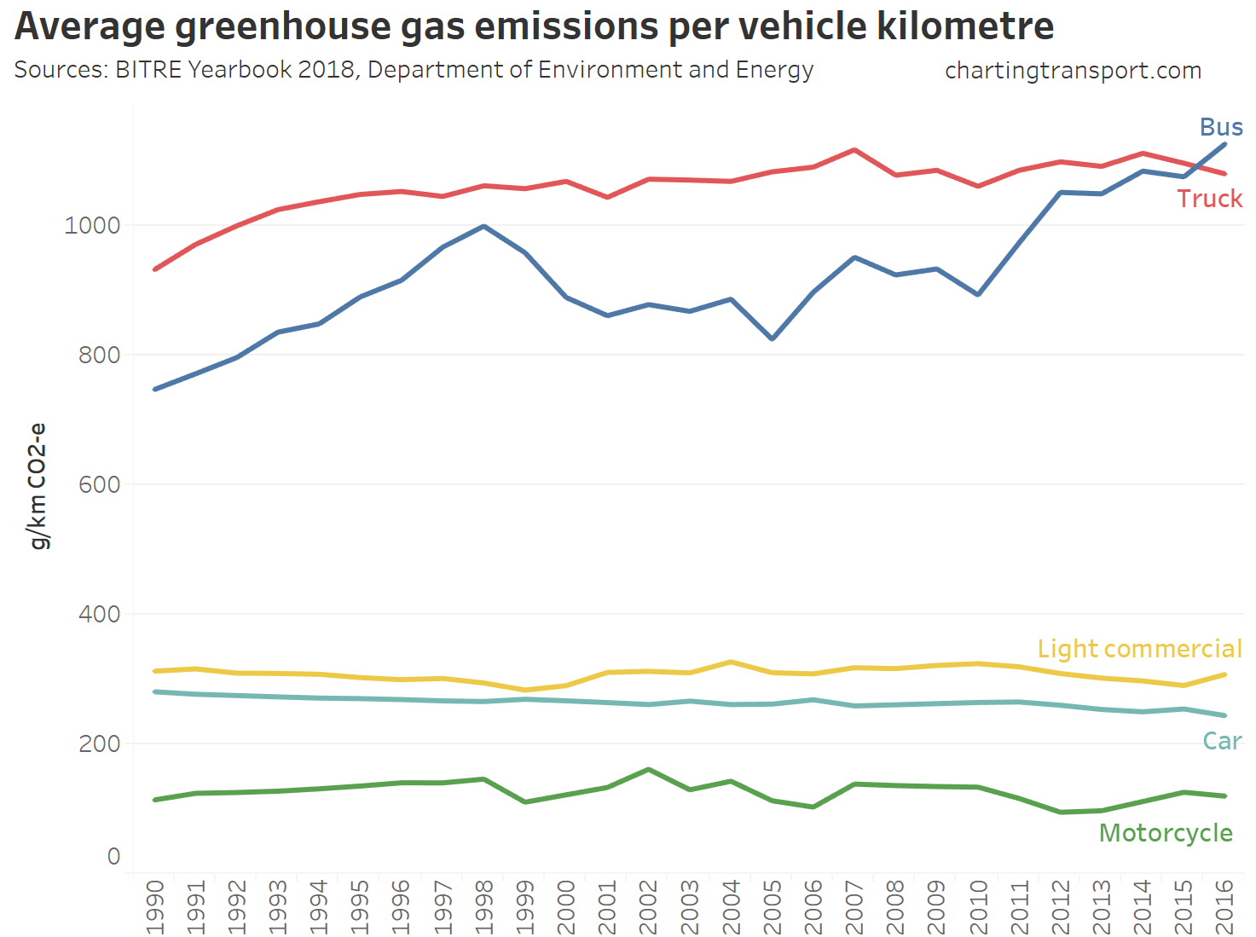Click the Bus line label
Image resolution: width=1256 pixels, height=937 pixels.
[1220, 127]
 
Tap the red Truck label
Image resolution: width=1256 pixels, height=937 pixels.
[1209, 199]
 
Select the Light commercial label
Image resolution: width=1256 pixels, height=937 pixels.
[1139, 649]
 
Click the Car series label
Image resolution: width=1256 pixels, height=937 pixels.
[1221, 741]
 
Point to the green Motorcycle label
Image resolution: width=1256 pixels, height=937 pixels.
[1166, 833]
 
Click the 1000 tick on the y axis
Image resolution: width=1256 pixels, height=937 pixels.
[92, 225]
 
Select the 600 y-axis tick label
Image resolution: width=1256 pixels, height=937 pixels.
[99, 484]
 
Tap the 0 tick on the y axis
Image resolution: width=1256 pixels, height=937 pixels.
[113, 856]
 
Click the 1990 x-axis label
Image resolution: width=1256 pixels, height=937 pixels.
[154, 907]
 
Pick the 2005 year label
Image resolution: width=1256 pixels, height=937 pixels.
[773, 907]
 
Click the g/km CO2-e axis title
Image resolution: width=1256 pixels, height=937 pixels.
[38, 486]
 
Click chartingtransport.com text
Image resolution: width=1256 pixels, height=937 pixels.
[1073, 71]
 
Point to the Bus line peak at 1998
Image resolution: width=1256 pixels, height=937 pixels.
[483, 226]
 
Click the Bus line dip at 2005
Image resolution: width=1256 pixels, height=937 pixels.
[773, 338]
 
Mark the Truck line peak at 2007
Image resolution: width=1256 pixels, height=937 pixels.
[854, 150]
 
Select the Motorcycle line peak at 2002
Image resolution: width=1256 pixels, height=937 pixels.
[649, 770]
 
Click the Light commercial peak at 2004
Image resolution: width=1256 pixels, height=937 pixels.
[731, 662]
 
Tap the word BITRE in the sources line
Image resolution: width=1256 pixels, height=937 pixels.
[148, 70]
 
